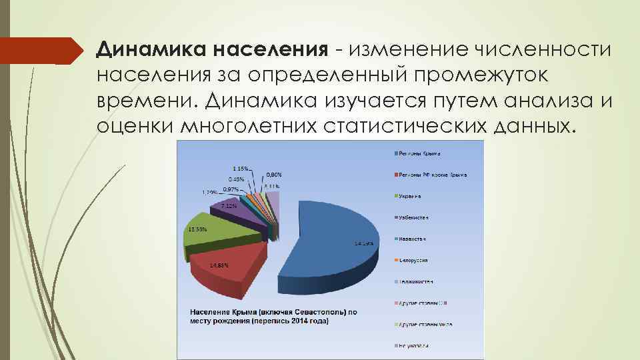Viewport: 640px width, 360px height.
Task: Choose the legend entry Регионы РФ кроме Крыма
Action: point(432,175)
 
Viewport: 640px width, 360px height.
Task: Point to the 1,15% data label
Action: point(241,167)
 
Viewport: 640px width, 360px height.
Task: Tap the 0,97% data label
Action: point(231,189)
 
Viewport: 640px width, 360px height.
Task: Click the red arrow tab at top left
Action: point(40,50)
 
